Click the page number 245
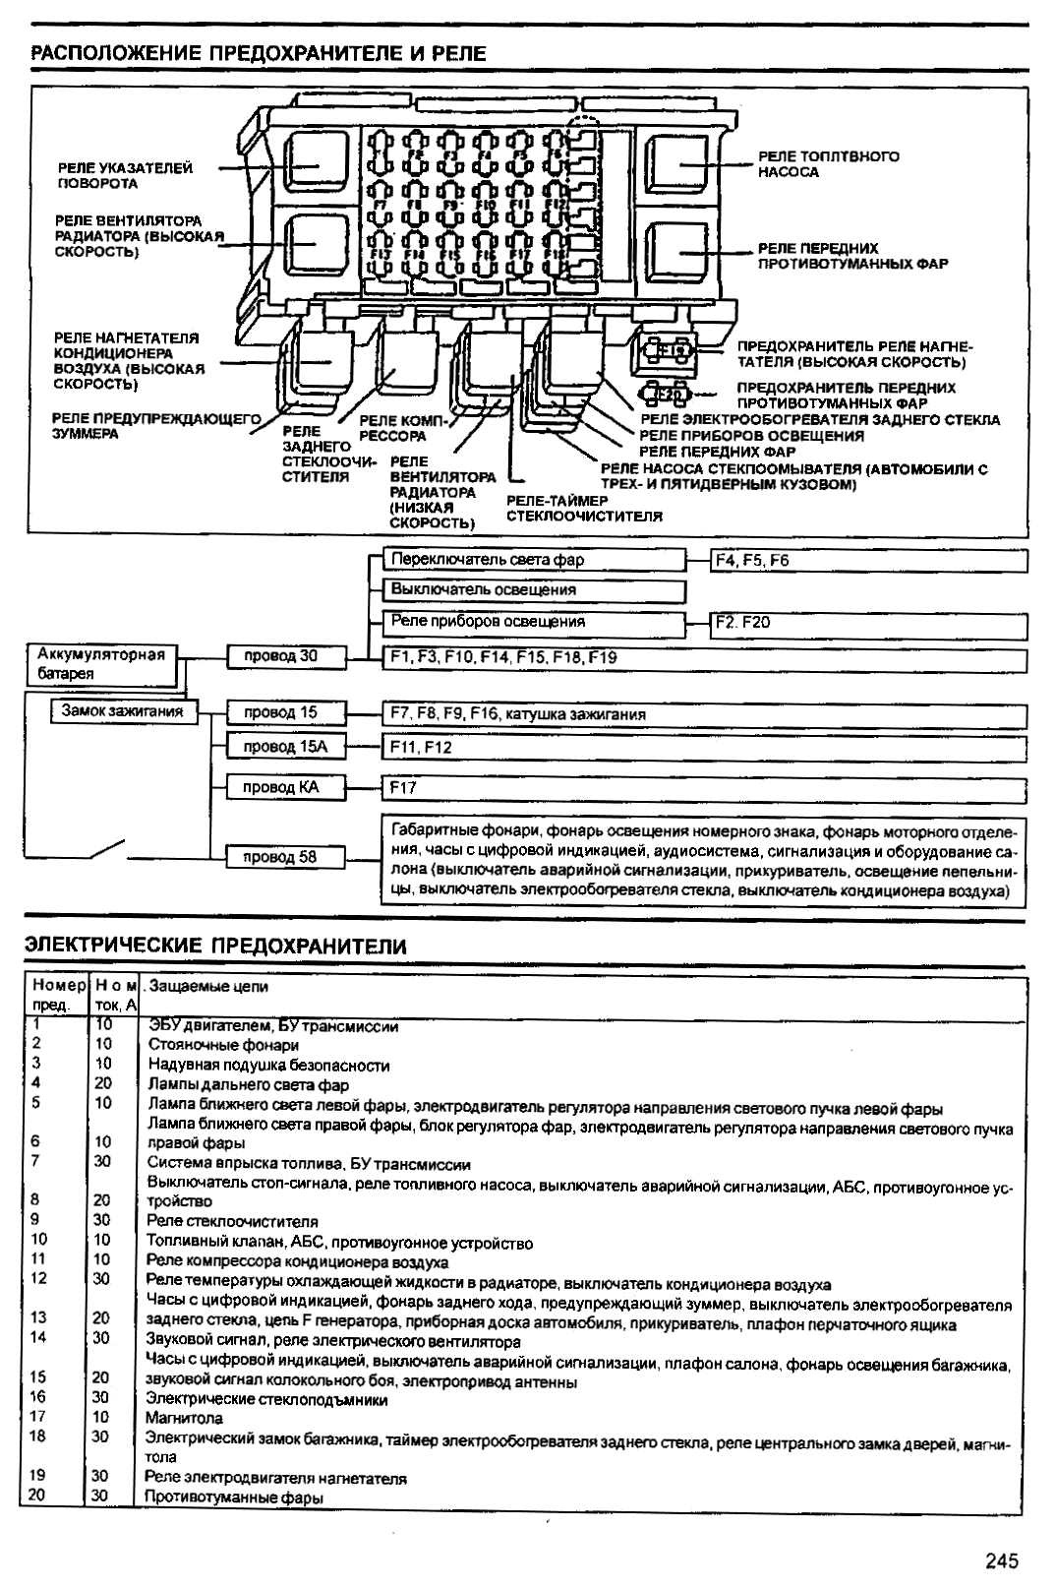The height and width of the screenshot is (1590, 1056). pyautogui.click(x=1001, y=1560)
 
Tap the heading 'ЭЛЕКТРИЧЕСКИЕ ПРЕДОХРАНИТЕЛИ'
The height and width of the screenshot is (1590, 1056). pyautogui.click(x=215, y=947)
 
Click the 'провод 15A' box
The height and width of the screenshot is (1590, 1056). pyautogui.click(x=285, y=747)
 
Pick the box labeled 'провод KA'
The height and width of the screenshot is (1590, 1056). pyautogui.click(x=285, y=787)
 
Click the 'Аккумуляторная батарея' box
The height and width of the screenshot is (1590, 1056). pyautogui.click(x=101, y=664)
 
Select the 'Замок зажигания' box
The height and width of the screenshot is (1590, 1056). pyautogui.click(x=122, y=710)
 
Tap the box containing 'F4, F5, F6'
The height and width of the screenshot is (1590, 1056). pyautogui.click(x=868, y=561)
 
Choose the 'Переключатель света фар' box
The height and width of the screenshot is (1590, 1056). pyautogui.click(x=534, y=560)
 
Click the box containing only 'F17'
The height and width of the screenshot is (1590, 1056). pyautogui.click(x=703, y=788)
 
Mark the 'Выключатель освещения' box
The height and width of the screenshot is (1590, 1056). pyautogui.click(x=534, y=590)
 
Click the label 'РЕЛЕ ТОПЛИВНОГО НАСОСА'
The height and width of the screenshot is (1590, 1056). pyautogui.click(x=828, y=164)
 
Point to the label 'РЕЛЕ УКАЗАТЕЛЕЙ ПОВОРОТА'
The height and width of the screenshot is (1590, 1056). pyautogui.click(x=125, y=176)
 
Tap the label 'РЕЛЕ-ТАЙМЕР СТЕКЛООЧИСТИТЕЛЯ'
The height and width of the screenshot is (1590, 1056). pyautogui.click(x=584, y=508)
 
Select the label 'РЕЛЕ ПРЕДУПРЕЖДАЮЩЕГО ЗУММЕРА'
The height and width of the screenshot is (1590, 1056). pyautogui.click(x=155, y=426)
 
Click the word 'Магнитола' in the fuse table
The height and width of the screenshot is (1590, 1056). pyautogui.click(x=184, y=1418)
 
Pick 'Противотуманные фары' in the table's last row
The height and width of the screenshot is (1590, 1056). pyautogui.click(x=234, y=1497)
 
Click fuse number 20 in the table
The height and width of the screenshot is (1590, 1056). pyautogui.click(x=36, y=1496)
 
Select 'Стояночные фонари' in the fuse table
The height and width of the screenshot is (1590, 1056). pyautogui.click(x=223, y=1045)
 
